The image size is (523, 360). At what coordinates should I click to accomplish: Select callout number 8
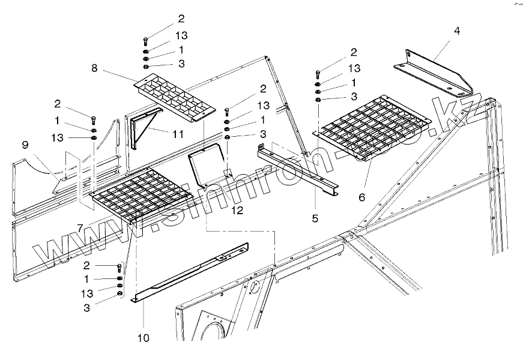click(x=94, y=68)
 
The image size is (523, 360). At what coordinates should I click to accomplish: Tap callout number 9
click(x=25, y=145)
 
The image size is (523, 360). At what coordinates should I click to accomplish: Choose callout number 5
click(x=315, y=218)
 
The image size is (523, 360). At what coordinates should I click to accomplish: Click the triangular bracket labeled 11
click(x=144, y=129)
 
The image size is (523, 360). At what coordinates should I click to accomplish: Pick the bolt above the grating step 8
click(x=145, y=41)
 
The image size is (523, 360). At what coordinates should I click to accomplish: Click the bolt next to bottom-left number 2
click(x=120, y=267)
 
